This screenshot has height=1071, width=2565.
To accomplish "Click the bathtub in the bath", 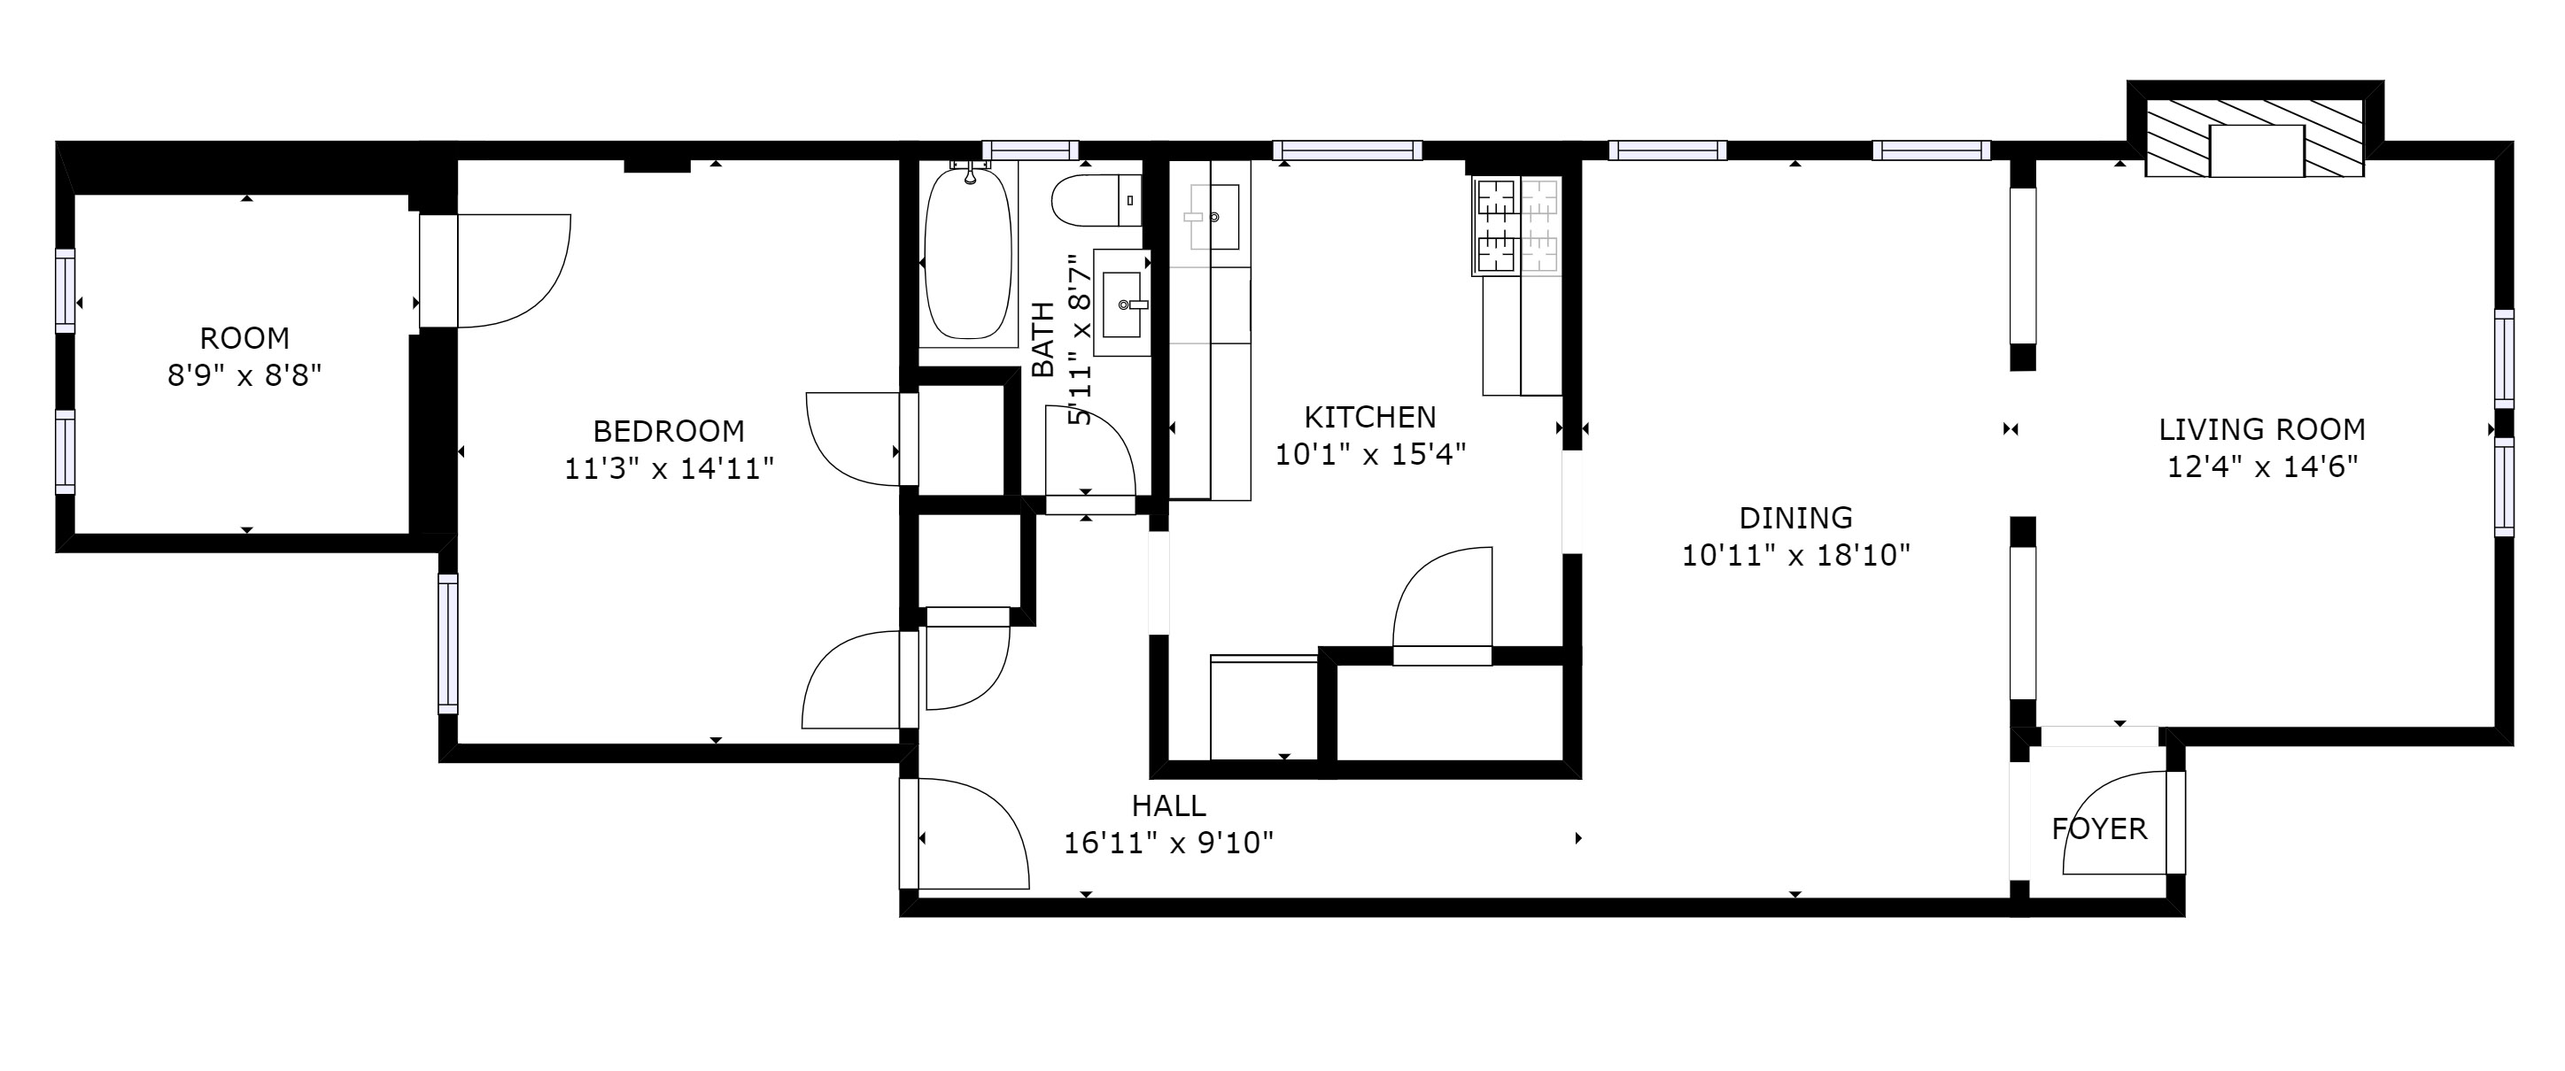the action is click(968, 254).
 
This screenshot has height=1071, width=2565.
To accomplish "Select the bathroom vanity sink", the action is click(1121, 303).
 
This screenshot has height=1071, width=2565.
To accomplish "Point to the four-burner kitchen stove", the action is click(1516, 226).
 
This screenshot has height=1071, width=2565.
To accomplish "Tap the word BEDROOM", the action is click(668, 431).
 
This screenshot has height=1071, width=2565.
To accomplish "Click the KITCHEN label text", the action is click(1370, 416).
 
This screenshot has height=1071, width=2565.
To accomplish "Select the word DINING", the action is click(1795, 518).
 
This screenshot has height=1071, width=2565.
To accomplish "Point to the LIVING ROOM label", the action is click(2261, 429).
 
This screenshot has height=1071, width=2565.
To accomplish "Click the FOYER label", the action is click(2099, 828).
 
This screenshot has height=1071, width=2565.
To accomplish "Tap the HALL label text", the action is click(1168, 805).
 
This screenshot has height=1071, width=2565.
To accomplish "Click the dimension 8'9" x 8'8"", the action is click(245, 375).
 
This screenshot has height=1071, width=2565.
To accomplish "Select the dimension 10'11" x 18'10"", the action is click(1795, 554).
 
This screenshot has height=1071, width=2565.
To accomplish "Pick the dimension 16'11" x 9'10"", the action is click(1168, 843).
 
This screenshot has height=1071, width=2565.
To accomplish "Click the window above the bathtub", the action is click(1031, 150).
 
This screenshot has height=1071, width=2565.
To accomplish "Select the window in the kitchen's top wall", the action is click(1347, 150).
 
